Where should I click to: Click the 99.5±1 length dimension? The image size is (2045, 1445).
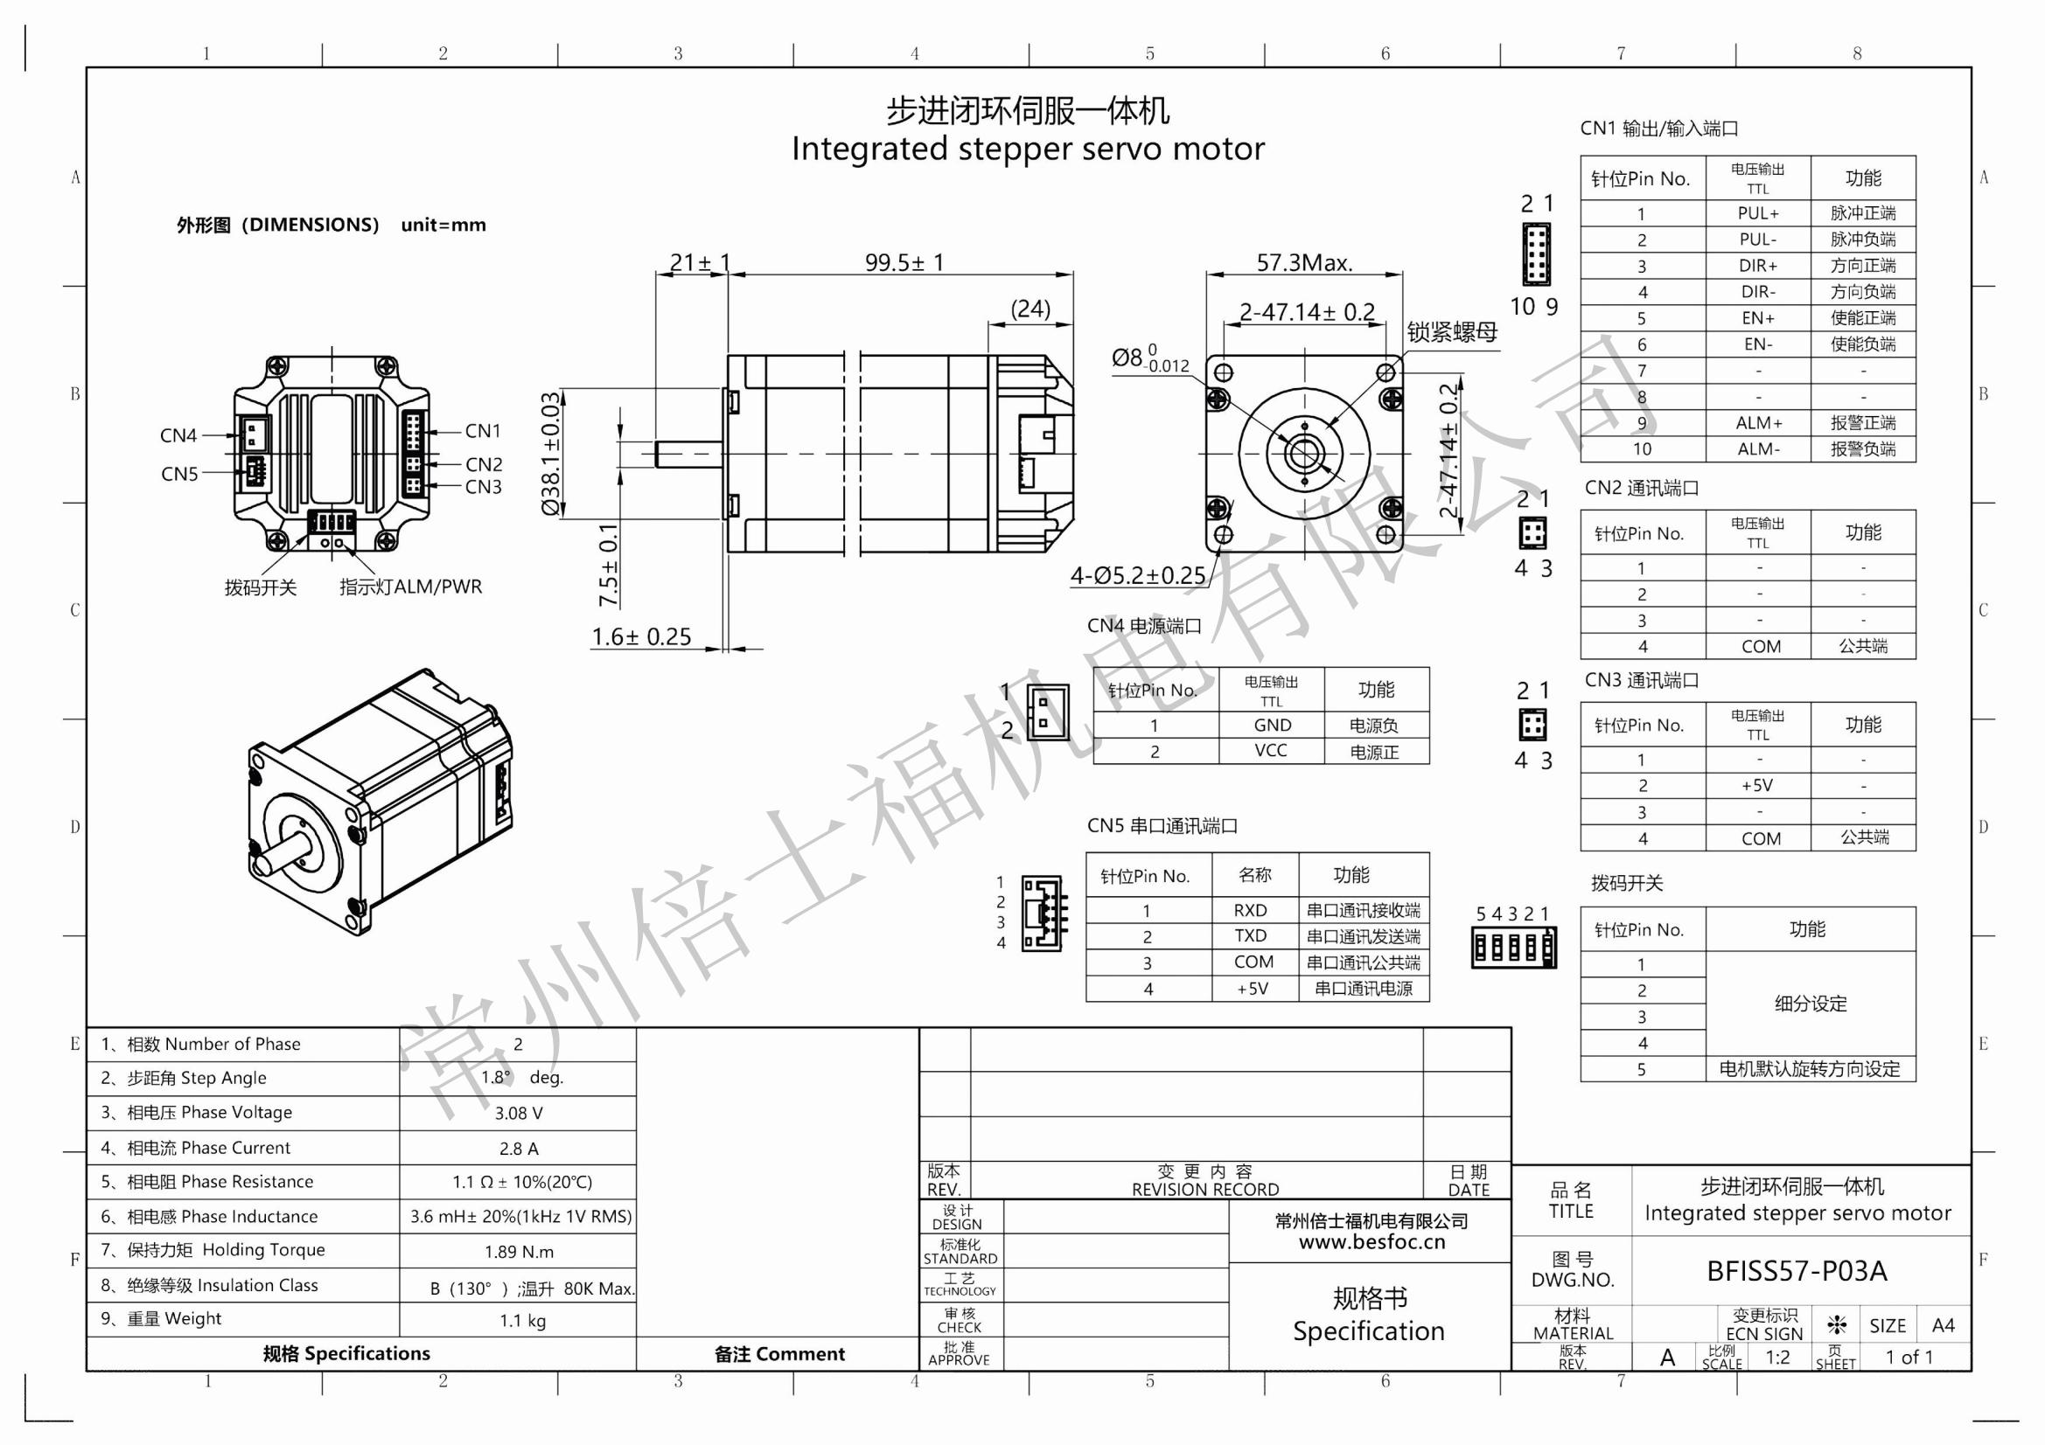904,262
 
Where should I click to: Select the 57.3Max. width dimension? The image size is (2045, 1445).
1304,262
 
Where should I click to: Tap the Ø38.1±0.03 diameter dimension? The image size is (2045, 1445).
551,453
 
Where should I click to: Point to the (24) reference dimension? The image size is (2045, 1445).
1030,308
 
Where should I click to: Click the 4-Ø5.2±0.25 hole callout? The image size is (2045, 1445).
1137,576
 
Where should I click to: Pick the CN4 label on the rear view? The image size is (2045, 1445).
178,435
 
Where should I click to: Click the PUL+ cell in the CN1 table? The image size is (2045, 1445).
1757,213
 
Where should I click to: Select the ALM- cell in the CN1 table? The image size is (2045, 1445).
1757,449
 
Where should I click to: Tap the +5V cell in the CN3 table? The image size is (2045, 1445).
1756,785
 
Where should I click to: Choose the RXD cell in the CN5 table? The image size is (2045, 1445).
1251,910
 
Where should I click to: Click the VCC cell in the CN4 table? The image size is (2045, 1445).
1270,751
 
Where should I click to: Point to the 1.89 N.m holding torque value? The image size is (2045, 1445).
519,1252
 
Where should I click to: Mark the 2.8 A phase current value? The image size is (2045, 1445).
519,1149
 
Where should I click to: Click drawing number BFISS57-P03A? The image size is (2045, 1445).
1796,1271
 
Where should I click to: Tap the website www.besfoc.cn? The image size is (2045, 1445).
1371,1242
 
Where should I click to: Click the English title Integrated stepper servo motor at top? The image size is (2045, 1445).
1027,149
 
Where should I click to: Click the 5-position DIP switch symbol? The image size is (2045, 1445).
1513,948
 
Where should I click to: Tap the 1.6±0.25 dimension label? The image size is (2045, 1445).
641,636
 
